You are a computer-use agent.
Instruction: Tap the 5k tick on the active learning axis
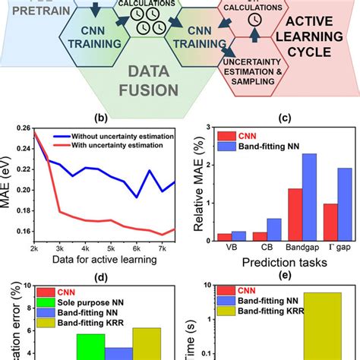click(112, 250)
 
